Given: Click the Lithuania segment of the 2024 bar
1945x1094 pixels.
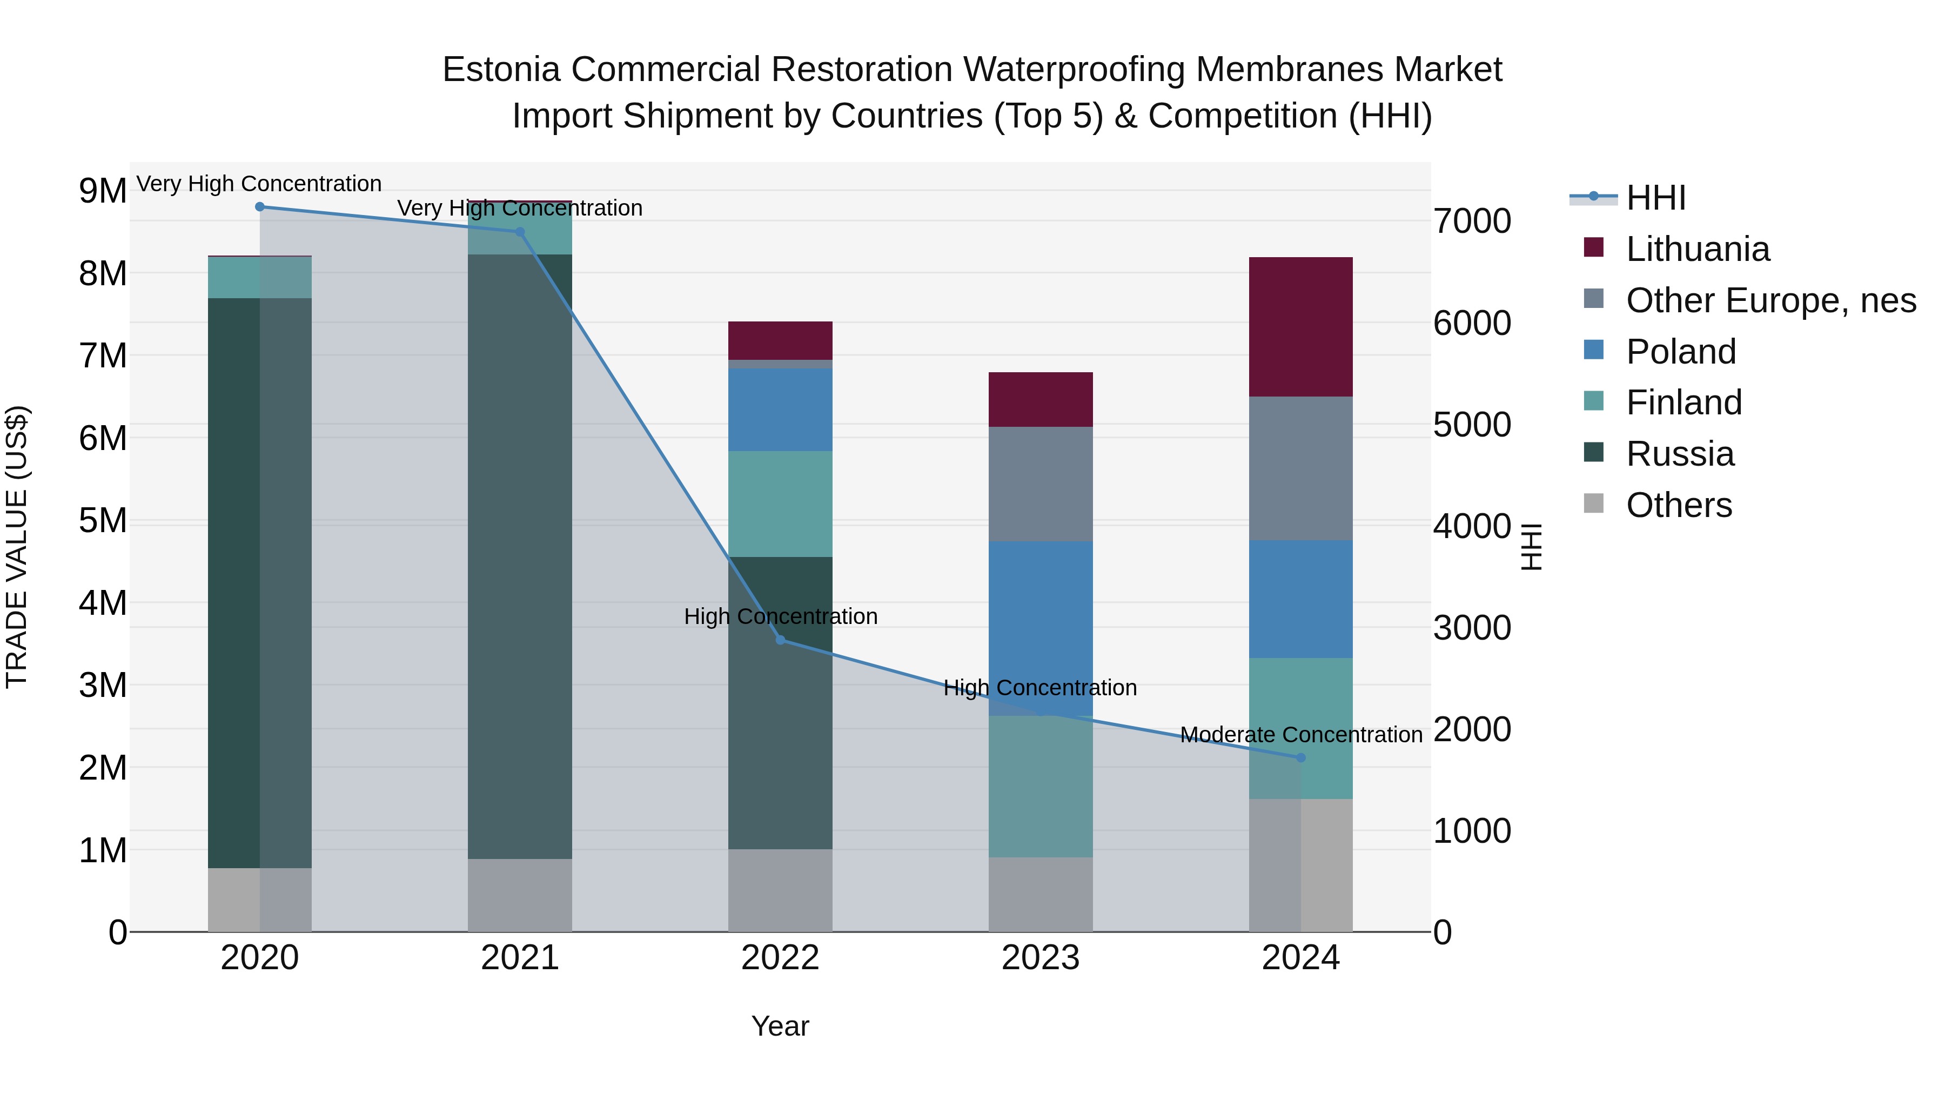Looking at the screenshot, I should (1300, 326).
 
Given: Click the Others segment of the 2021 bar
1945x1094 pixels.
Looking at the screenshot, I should (519, 895).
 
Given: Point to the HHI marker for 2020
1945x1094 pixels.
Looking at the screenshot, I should (260, 207).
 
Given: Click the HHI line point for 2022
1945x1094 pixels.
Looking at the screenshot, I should (780, 640).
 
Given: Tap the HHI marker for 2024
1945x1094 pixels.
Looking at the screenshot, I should (1300, 757).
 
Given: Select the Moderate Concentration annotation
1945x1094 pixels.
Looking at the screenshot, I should (1300, 735).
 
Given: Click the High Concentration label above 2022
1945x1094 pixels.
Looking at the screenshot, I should (780, 616).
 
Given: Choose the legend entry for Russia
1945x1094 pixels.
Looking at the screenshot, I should (1679, 454).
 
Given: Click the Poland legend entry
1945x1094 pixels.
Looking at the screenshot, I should (1681, 352).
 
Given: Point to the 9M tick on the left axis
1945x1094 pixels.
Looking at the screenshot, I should (103, 191).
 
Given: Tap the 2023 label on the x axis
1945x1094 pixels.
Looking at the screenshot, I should (1041, 958).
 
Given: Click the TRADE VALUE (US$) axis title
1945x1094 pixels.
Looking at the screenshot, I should (17, 547).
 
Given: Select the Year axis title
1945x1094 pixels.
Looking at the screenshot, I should (780, 1026).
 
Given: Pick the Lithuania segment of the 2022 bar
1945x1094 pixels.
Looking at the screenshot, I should (780, 340).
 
